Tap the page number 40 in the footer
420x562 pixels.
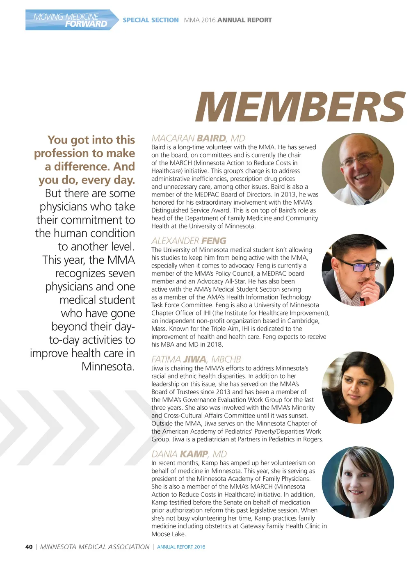click(x=29, y=547)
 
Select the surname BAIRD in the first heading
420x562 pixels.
click(x=211, y=138)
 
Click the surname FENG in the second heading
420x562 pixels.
click(x=214, y=241)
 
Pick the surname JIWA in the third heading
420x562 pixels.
click(x=195, y=359)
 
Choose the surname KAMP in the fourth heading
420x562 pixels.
click(x=194, y=454)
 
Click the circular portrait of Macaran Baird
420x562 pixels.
click(x=358, y=169)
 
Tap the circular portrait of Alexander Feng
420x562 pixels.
click(x=358, y=270)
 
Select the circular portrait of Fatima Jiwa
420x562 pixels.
click(x=358, y=387)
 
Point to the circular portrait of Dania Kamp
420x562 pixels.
click(x=358, y=482)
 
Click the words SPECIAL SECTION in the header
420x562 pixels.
click(x=151, y=20)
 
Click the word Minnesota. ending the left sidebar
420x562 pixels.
click(x=108, y=366)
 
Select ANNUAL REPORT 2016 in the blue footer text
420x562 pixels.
click(x=181, y=547)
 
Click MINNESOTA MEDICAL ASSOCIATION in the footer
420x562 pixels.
click(x=95, y=547)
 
